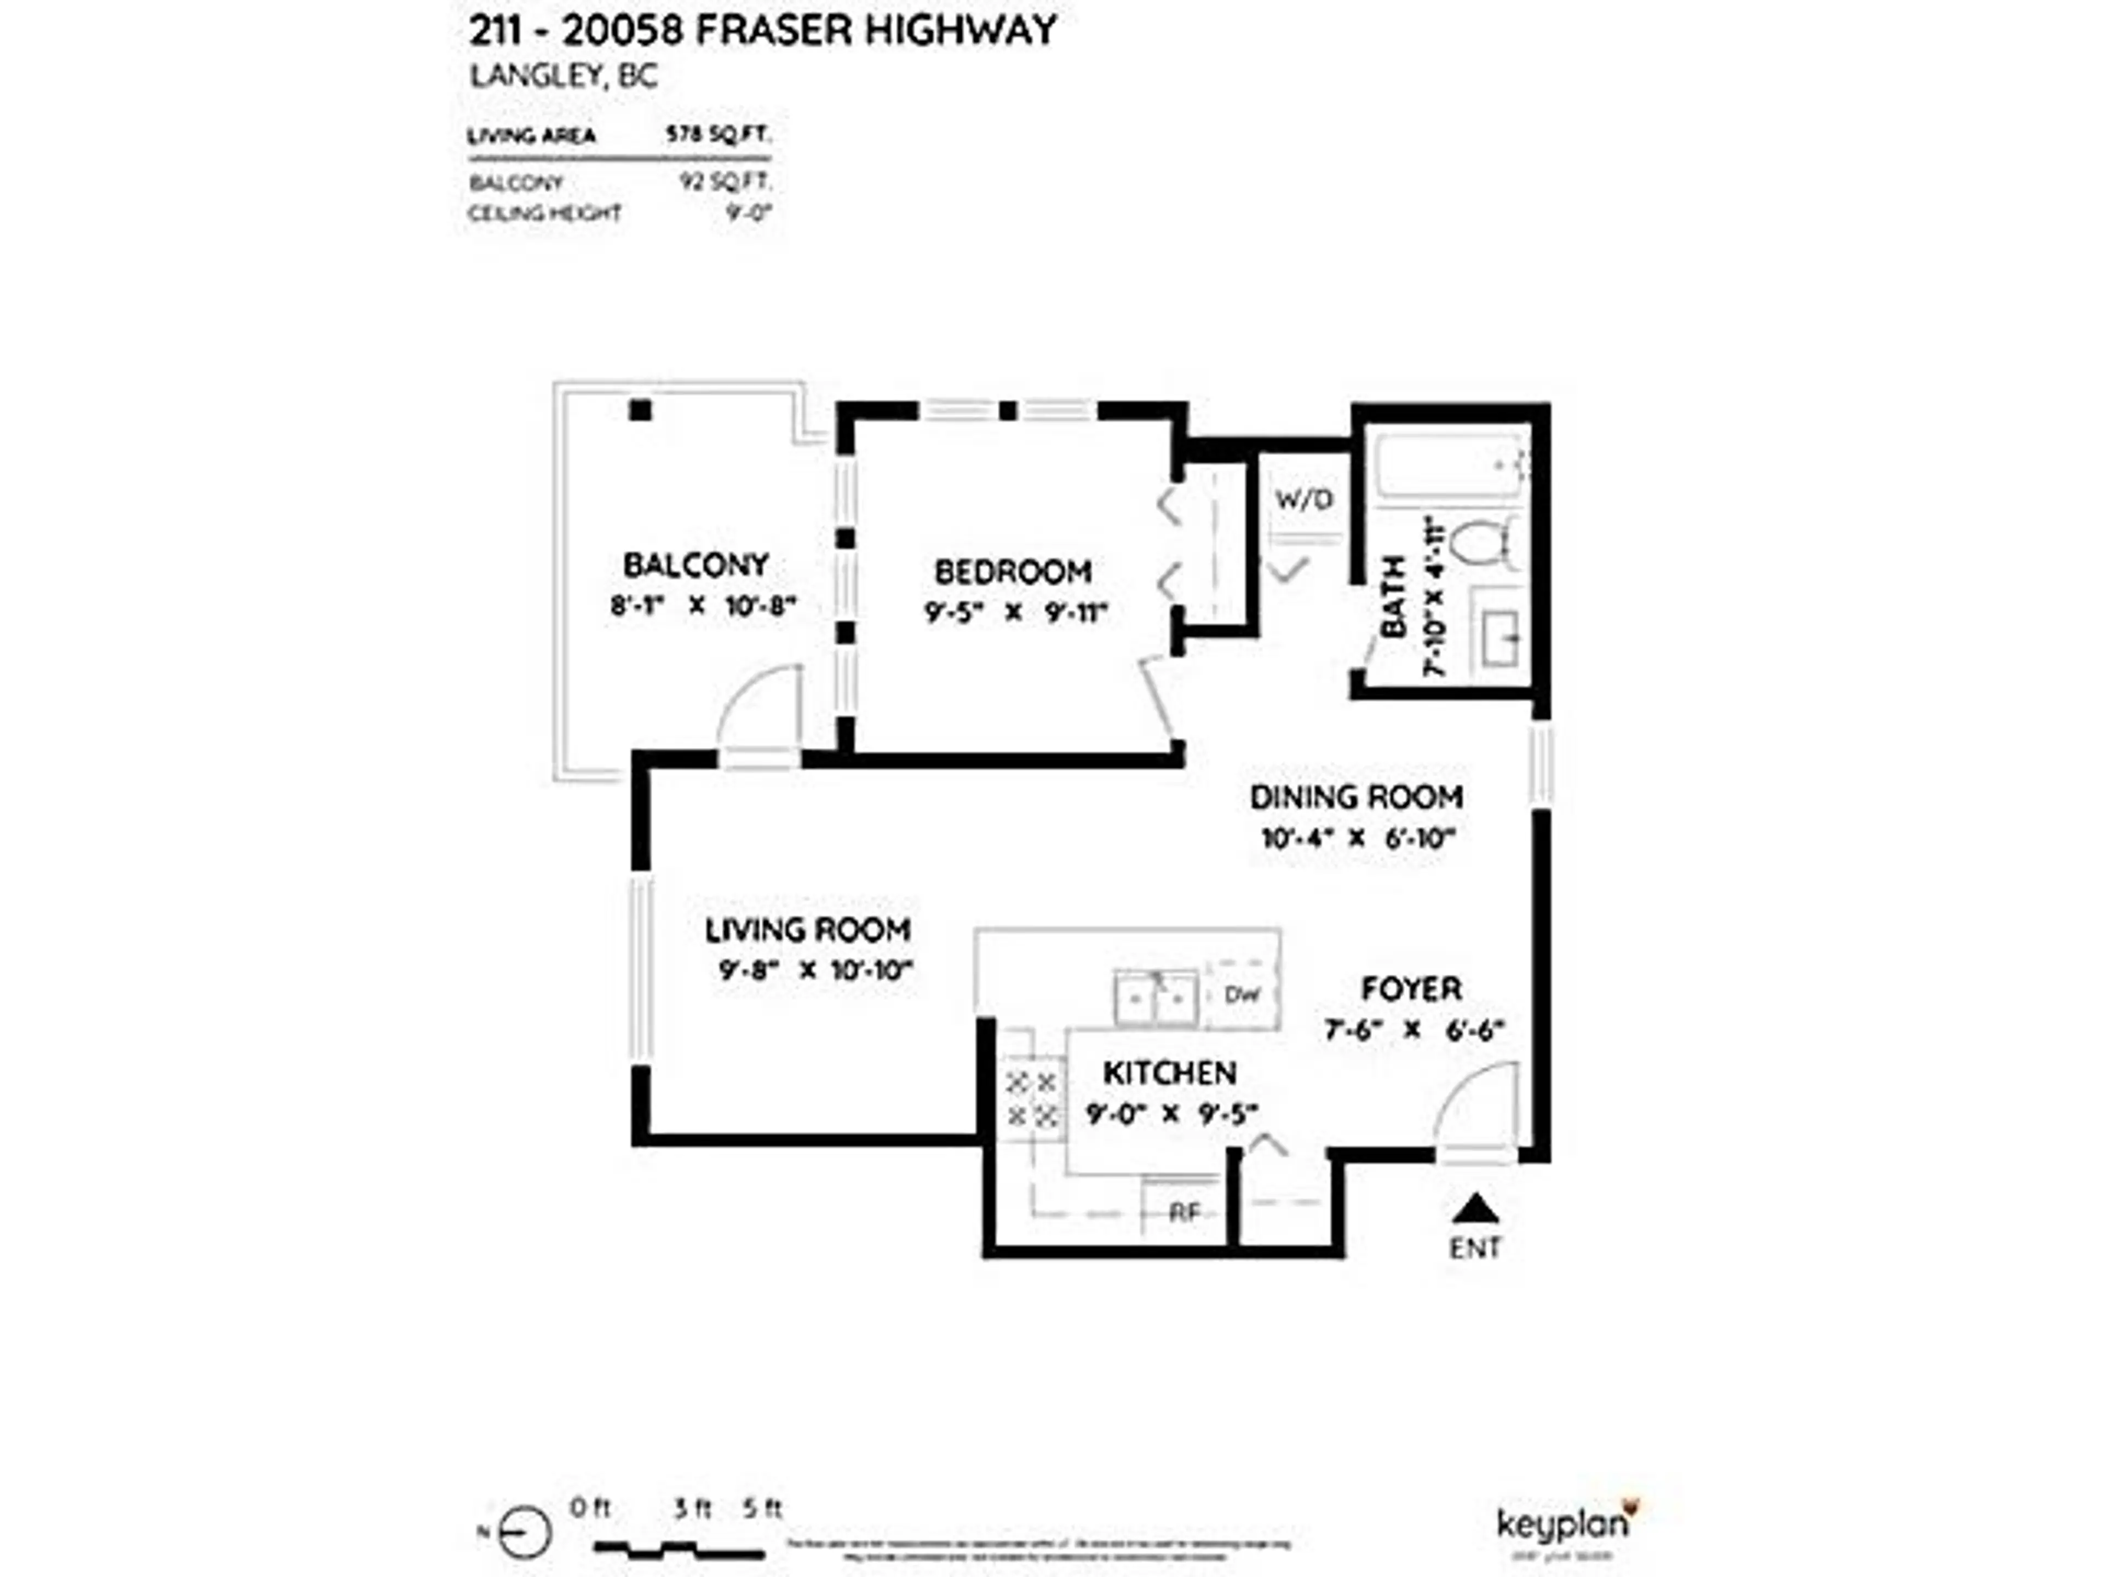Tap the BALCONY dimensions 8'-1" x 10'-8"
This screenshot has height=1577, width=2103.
pyautogui.click(x=702, y=606)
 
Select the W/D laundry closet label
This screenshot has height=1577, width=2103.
pyautogui.click(x=1303, y=499)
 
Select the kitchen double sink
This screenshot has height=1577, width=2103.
pyautogui.click(x=1155, y=998)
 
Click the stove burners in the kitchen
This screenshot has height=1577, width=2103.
pyautogui.click(x=1032, y=1098)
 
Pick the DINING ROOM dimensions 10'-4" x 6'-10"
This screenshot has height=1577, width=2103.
pyautogui.click(x=1358, y=838)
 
